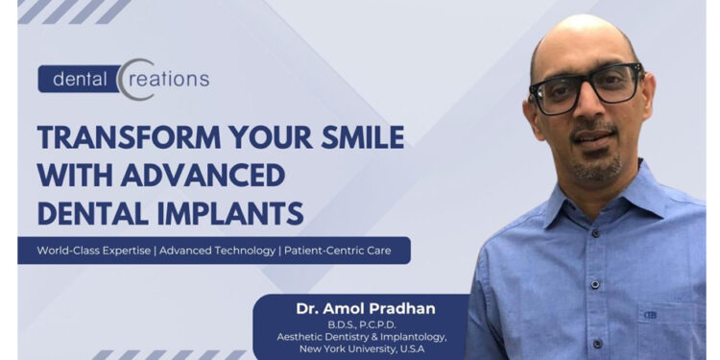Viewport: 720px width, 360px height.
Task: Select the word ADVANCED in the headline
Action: pyautogui.click(x=201, y=175)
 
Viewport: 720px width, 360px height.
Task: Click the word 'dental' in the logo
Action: pyautogui.click(x=78, y=78)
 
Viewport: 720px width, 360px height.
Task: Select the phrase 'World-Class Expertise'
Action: pyautogui.click(x=94, y=251)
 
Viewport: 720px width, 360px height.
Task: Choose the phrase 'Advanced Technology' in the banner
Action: pyautogui.click(x=219, y=251)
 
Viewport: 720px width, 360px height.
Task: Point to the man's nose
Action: pyautogui.click(x=590, y=113)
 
